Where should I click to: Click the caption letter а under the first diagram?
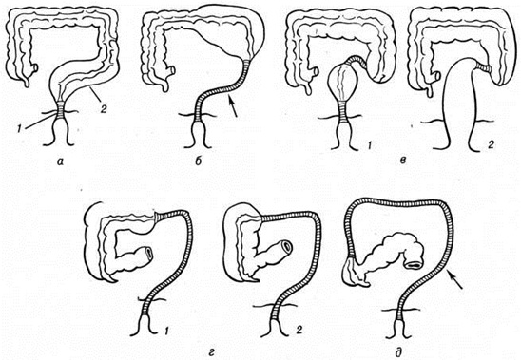60,161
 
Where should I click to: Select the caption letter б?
199,161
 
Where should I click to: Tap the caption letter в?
403,161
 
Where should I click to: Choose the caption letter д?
398,350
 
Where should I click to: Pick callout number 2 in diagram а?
104,109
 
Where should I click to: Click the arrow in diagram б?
232,106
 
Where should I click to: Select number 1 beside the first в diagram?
368,143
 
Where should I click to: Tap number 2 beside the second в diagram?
491,144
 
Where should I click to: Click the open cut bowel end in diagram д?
414,265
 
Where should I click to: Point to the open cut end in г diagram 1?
148,252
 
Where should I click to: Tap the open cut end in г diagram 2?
286,246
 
